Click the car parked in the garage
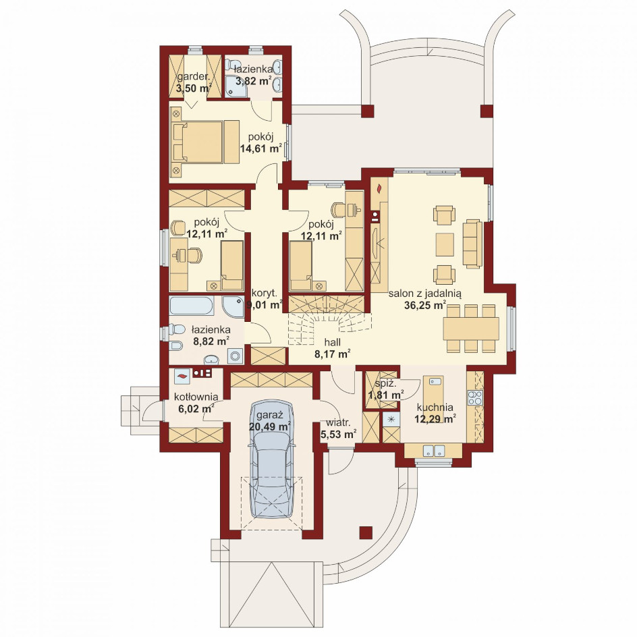[x=272, y=459]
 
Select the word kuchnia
[x=435, y=407]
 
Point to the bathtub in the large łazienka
[x=192, y=306]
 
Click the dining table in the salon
[x=471, y=329]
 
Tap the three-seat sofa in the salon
[x=472, y=244]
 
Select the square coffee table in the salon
[x=445, y=244]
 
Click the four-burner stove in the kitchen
[x=475, y=397]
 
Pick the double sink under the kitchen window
[x=433, y=451]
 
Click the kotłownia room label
[x=196, y=397]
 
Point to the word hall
[x=333, y=342]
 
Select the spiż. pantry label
[x=383, y=383]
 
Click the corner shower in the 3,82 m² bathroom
[x=236, y=86]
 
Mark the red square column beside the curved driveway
[x=366, y=532]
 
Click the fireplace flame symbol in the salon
[x=379, y=188]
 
